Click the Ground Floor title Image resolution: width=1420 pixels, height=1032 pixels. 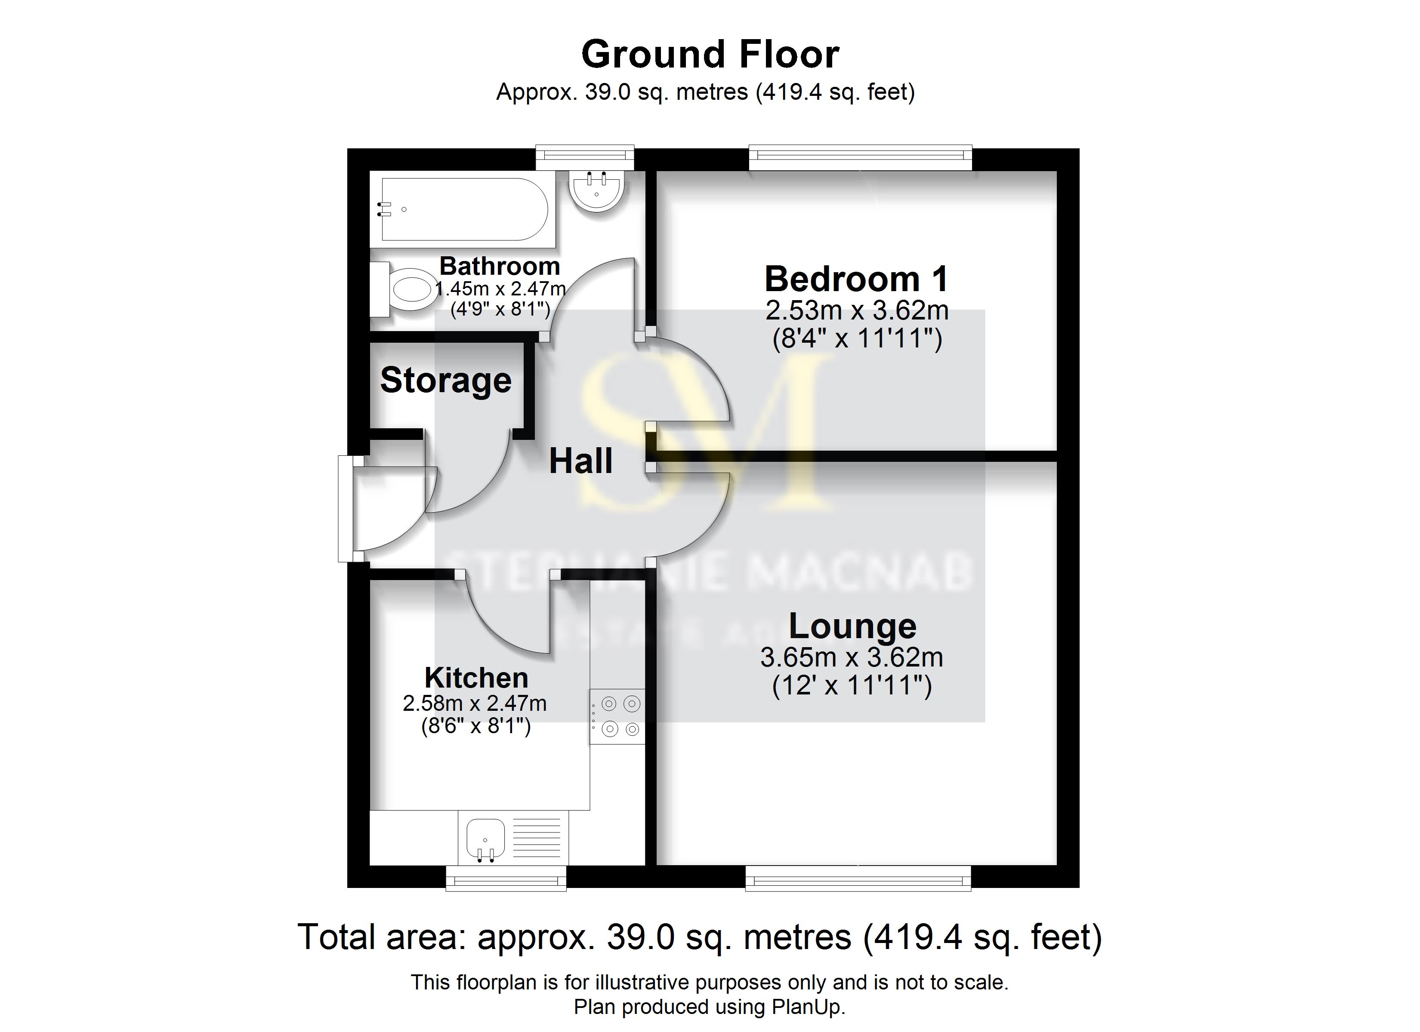710,55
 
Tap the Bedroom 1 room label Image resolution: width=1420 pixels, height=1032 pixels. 856,279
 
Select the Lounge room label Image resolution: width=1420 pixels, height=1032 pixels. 852,626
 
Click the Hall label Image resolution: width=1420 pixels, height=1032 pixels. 580,461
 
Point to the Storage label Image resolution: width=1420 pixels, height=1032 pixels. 446,380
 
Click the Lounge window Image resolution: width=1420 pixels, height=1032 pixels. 858,878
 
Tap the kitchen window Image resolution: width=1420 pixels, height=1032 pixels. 506,878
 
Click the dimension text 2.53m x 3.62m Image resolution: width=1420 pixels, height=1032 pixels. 856,311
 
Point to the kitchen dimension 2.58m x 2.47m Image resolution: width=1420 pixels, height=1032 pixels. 475,703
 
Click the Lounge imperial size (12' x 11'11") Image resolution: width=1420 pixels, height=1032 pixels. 852,686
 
